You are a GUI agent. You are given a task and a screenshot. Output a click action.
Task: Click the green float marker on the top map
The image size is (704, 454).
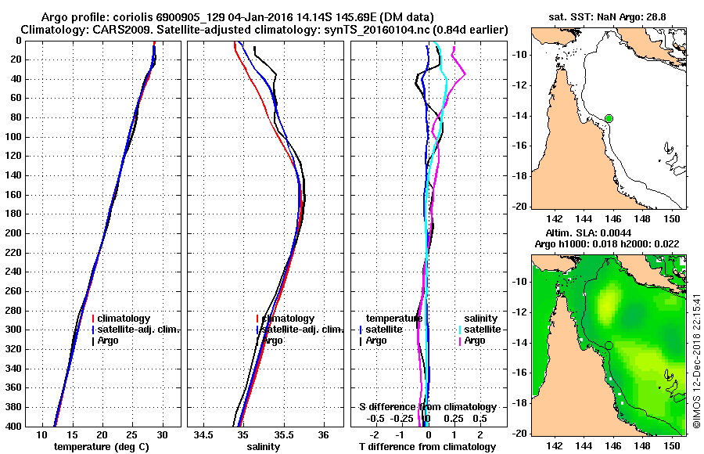coord(609,118)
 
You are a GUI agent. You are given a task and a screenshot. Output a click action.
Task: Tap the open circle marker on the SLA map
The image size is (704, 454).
coord(609,345)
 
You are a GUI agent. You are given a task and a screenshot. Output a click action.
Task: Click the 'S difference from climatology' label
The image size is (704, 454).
coord(427,407)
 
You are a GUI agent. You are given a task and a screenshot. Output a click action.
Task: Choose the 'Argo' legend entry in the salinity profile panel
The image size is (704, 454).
coord(272,340)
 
